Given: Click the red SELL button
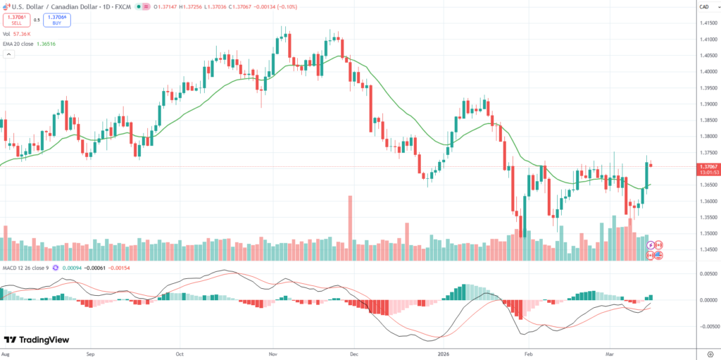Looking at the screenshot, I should click(x=16, y=20).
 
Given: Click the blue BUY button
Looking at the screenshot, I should click(x=57, y=20).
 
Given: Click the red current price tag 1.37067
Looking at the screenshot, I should click(x=707, y=166).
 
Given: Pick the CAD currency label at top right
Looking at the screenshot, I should click(x=703, y=7).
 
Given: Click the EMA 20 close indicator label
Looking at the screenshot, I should click(x=28, y=44).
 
